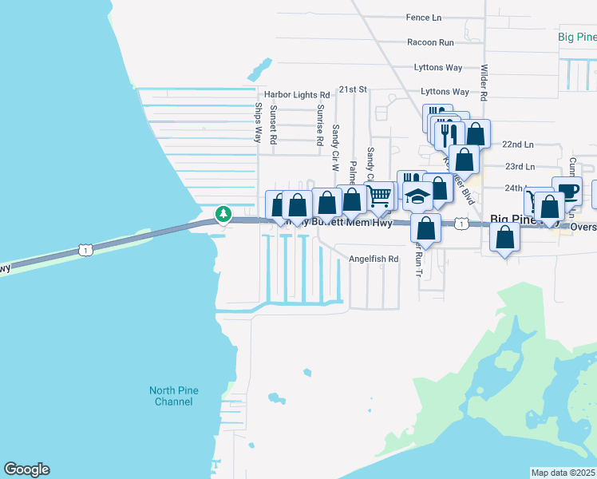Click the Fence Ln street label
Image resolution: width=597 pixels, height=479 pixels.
[x=423, y=18]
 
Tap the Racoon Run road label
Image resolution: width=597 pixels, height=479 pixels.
[x=430, y=42]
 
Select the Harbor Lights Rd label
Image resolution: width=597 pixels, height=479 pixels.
[x=297, y=94]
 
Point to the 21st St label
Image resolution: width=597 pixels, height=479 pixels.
[x=352, y=89]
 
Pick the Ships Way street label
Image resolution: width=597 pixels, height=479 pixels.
[x=259, y=123]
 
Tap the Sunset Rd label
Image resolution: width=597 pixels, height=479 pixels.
[x=273, y=125]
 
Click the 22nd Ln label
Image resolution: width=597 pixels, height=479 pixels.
[x=518, y=144]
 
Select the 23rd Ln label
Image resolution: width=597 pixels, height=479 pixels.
[x=520, y=166]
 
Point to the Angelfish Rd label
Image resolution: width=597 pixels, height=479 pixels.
[x=374, y=259]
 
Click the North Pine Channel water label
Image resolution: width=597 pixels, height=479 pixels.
[x=174, y=396]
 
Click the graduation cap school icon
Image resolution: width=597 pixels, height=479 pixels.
[x=418, y=196]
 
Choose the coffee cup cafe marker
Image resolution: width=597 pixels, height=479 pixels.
[x=567, y=190]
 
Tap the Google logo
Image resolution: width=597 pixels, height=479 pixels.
[x=26, y=469]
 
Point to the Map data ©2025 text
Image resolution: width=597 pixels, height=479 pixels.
[x=563, y=473]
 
